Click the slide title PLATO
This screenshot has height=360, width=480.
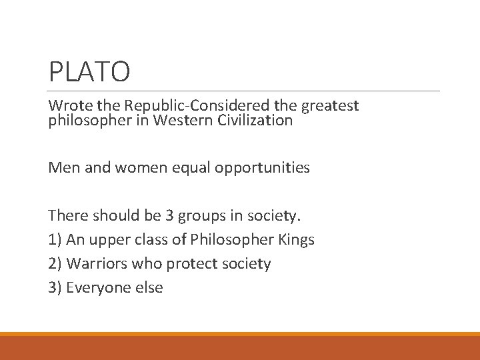[89, 71]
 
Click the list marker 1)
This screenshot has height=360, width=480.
[55, 240]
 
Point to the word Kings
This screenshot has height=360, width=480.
[297, 240]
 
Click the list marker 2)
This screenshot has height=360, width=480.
[55, 264]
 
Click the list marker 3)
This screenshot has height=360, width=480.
[55, 288]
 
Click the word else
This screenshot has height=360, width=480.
[149, 288]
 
